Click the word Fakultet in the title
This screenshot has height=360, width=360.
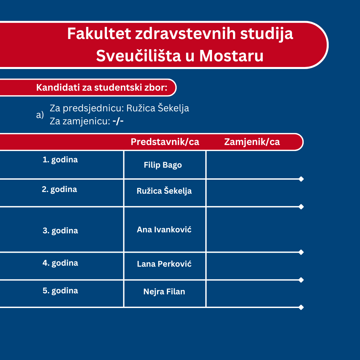coord(99,34)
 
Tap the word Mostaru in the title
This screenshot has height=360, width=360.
coord(231,56)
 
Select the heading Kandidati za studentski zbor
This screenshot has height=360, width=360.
coord(102,87)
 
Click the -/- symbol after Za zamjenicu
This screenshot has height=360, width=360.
coord(118,121)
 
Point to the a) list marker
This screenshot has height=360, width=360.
coord(40,115)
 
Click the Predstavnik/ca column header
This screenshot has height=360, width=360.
coord(165,142)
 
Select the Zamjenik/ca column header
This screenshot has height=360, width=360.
coord(252,142)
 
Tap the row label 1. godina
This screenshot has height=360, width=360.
coord(60,160)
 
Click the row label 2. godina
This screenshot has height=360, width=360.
coord(59,189)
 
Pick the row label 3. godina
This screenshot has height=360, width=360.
coord(60,231)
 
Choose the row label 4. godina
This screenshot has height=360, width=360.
coord(60,263)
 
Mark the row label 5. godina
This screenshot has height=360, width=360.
coord(60,291)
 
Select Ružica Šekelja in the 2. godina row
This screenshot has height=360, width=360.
coord(164,191)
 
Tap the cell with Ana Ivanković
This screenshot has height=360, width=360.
coord(164,230)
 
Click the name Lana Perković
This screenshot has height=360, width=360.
coord(164,264)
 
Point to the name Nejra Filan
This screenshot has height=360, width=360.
coord(164,292)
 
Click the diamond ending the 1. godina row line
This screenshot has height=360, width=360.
coord(301,179)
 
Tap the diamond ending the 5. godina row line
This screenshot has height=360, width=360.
coord(301,307)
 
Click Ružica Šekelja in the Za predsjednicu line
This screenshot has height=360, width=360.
coord(158,108)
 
